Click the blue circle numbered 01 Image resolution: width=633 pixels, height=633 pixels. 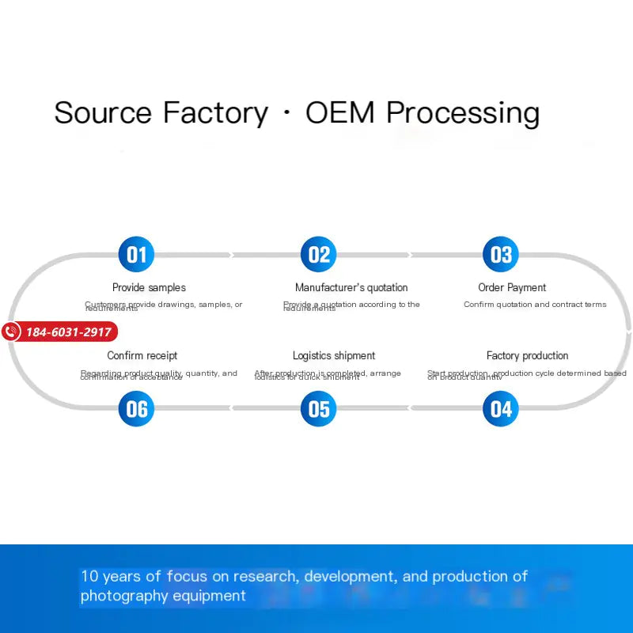pos(136,254)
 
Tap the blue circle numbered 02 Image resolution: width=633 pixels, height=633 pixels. pos(318,254)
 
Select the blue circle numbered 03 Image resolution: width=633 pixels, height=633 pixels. pos(501,254)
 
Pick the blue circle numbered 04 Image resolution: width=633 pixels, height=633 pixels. pos(501,408)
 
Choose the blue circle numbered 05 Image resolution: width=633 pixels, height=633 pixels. pos(318,408)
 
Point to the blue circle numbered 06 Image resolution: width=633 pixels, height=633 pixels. pos(136,408)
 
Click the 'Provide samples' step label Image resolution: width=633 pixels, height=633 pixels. pos(149,288)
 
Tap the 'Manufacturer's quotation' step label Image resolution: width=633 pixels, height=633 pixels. pos(351,288)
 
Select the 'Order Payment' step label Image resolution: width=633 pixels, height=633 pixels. pos(512,288)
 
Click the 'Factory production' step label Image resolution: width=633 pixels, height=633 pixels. pos(527,356)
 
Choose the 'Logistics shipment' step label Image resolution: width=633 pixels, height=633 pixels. pos(334,356)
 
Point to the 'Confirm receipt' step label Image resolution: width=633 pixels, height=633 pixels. pos(142,356)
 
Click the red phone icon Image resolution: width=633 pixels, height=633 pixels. pos(11,332)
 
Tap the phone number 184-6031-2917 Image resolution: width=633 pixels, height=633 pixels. pos(69,332)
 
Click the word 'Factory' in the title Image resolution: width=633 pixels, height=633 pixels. pos(215,112)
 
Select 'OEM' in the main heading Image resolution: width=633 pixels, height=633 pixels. pos(340,112)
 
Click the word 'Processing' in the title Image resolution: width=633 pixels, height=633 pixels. pos(463,114)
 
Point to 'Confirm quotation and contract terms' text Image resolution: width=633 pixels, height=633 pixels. pos(535,305)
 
